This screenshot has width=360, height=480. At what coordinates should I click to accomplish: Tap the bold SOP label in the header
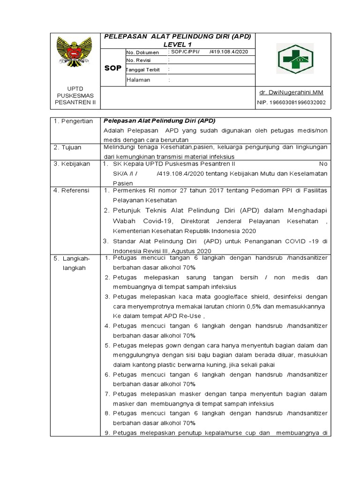[113, 68]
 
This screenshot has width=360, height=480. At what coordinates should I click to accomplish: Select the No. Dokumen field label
[142, 52]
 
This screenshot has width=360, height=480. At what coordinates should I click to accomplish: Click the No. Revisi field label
[140, 60]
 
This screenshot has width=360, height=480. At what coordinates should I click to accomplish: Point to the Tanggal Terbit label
[143, 70]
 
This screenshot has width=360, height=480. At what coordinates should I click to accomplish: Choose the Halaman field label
[138, 80]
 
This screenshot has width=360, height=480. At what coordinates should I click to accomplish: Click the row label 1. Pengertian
[73, 121]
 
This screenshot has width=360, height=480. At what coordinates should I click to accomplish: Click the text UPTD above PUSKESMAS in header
[75, 88]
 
